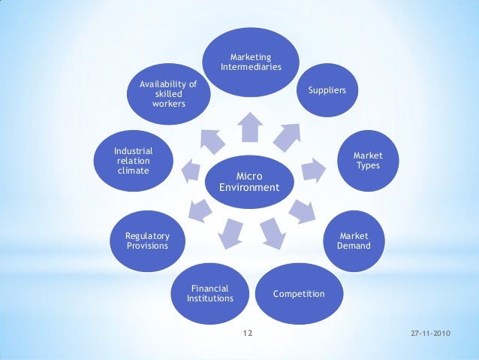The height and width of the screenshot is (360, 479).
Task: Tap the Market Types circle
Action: click(x=367, y=160)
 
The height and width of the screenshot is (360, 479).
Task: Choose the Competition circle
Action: click(x=299, y=293)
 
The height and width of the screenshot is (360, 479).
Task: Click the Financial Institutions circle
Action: click(x=210, y=293)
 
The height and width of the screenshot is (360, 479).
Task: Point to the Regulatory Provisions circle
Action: click(x=147, y=241)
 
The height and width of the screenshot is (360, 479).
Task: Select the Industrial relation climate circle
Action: click(x=134, y=160)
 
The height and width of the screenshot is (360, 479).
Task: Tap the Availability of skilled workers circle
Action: click(x=168, y=94)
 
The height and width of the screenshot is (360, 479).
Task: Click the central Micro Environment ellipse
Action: click(x=249, y=182)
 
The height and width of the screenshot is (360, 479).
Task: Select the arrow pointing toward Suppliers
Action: click(x=286, y=135)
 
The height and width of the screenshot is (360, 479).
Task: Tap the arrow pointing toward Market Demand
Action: click(x=301, y=211)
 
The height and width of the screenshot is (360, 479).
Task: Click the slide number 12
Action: click(x=249, y=332)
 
